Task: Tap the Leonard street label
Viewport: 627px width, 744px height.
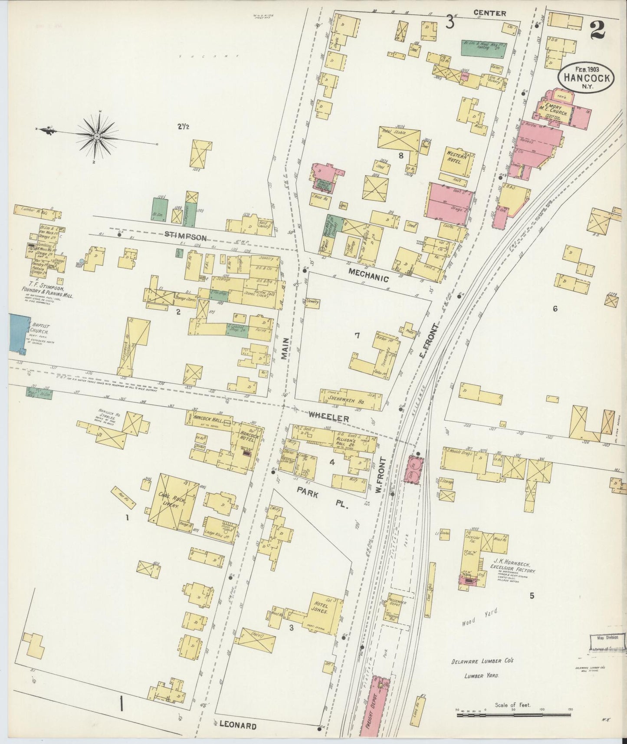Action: click(237, 725)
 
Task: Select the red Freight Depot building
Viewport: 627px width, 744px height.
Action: click(375, 708)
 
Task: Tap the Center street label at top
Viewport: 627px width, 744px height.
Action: click(489, 13)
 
